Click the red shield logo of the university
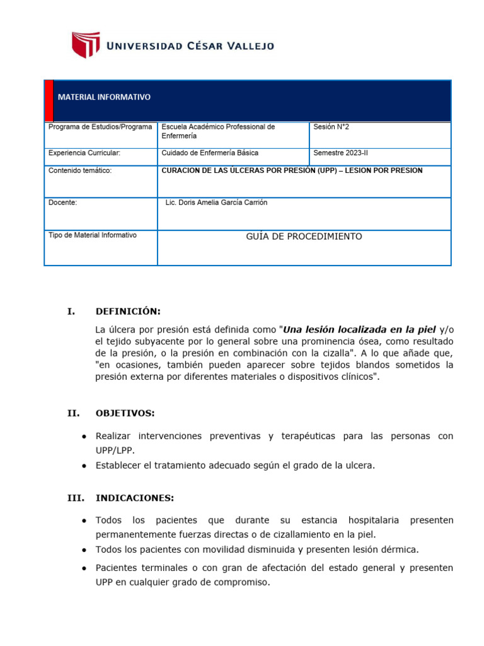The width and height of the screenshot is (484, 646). (86, 45)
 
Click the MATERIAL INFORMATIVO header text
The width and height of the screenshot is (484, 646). (104, 97)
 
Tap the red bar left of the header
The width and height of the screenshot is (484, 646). (49, 100)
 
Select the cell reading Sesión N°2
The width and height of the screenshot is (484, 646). (331, 127)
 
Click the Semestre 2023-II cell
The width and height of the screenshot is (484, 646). (342, 153)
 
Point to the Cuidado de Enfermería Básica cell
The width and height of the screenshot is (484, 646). (210, 153)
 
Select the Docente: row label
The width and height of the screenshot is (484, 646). (62, 203)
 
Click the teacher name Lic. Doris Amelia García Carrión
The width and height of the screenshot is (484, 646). (216, 203)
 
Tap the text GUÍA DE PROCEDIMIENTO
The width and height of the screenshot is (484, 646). (304, 237)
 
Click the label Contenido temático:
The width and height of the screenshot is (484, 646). (79, 170)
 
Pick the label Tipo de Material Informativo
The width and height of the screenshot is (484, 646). (92, 235)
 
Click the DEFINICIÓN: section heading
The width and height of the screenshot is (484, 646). (128, 311)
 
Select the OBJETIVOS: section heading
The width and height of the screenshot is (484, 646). (125, 413)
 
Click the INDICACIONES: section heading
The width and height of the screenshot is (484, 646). (134, 498)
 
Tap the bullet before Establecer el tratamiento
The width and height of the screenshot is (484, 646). (84, 466)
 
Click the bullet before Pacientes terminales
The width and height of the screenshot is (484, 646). (84, 568)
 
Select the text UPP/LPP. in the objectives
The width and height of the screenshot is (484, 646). (115, 450)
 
